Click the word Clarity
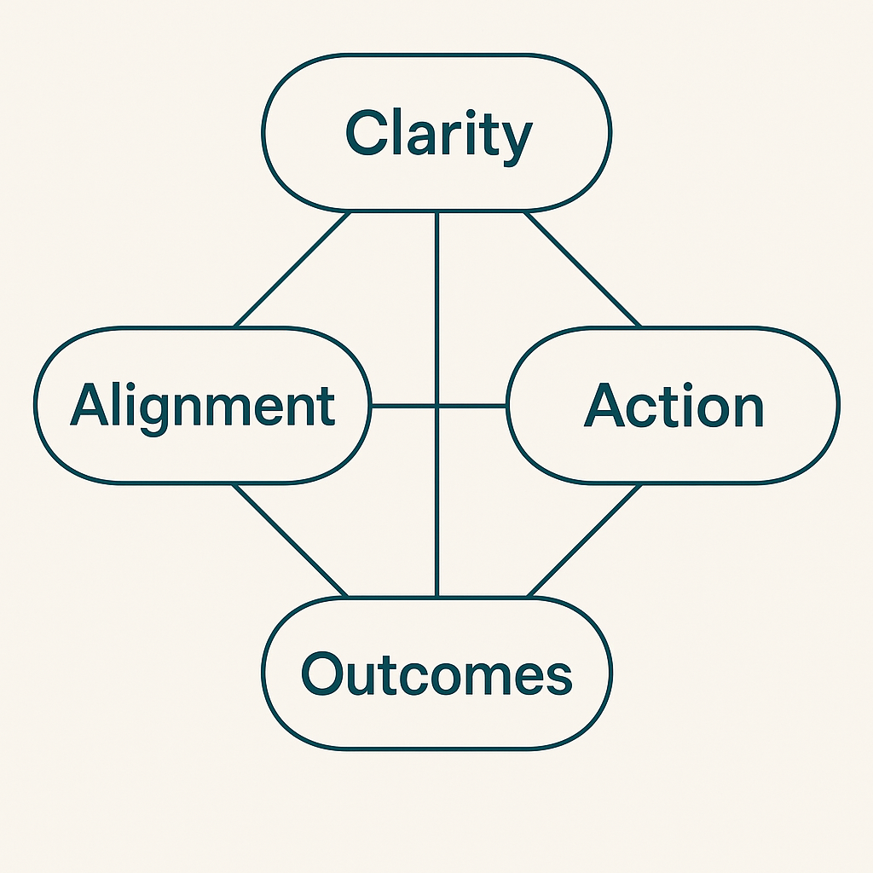point(438,135)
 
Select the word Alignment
point(203,405)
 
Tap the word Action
point(674,406)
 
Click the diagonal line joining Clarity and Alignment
point(292,269)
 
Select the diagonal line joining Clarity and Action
point(582,269)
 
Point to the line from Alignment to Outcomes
point(291,541)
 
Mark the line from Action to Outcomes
point(583,541)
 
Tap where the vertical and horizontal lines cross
point(436,406)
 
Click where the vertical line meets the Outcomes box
point(436,598)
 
